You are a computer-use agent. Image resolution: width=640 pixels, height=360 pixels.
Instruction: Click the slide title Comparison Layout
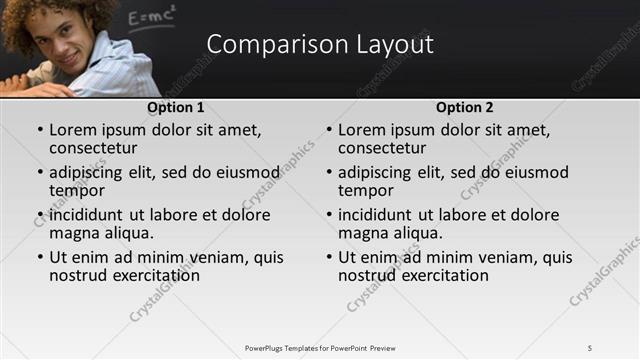pos(320,44)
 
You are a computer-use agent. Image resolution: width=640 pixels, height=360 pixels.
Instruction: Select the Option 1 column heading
pos(175,107)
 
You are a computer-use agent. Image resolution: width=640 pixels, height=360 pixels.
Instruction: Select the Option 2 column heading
pos(464,107)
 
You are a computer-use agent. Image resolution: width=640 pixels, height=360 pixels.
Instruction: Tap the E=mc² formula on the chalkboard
pos(152,15)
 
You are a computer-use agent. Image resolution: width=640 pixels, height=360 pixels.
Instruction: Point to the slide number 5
pos(590,347)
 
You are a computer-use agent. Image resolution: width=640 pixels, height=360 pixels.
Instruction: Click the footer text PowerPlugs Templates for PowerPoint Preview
pos(320,347)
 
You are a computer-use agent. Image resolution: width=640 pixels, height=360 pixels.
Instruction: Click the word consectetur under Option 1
pos(92,148)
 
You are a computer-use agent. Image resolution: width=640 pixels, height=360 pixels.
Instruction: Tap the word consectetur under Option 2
pos(381,148)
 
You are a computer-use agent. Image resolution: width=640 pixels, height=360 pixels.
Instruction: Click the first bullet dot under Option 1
pos(40,131)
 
